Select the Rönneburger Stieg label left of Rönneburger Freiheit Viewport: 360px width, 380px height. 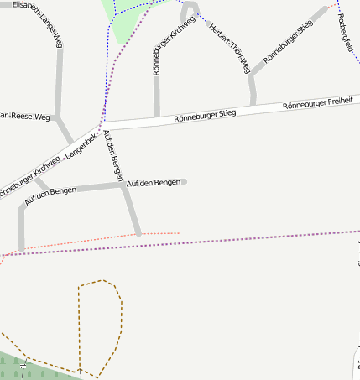205,115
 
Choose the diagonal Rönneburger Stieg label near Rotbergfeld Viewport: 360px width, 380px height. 288,41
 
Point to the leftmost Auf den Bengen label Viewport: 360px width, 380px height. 50,196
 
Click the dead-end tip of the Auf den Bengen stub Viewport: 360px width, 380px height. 184,181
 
